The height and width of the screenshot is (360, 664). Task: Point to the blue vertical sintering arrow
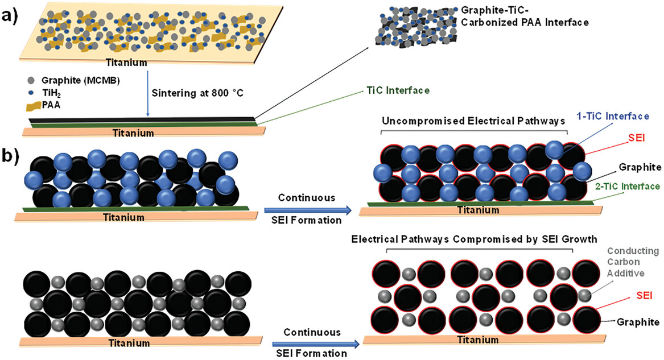tap(148, 91)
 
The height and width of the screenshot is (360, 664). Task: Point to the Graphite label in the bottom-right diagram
tap(631, 321)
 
